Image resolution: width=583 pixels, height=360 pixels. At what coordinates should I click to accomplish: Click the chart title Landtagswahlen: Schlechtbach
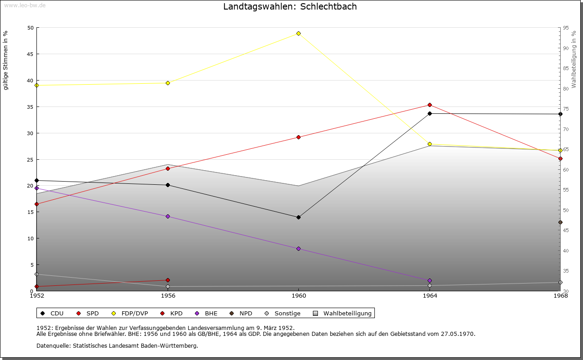point(290,7)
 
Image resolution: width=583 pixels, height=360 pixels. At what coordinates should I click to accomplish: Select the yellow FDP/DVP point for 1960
point(298,33)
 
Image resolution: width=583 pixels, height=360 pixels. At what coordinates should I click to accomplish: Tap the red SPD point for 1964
point(430,105)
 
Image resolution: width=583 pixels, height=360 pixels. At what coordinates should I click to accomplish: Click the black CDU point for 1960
point(298,217)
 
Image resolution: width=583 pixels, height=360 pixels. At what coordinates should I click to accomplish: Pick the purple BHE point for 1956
point(168,216)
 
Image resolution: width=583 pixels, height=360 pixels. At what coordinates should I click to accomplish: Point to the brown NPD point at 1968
point(560,223)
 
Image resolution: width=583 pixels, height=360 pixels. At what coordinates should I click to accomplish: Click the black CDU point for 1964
point(430,113)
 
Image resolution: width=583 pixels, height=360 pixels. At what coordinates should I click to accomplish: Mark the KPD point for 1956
point(168,280)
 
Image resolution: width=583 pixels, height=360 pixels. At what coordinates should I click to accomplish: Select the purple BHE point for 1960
point(298,248)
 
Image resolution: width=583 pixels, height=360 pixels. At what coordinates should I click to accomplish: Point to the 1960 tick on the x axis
point(298,296)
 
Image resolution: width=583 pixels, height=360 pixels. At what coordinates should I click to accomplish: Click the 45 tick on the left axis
point(30,54)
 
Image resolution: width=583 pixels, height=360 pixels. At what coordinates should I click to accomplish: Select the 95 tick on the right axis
point(565,28)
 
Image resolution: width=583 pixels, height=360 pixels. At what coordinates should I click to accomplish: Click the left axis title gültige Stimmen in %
point(6,60)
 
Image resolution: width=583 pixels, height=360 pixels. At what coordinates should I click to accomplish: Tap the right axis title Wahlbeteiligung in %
point(574,59)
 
